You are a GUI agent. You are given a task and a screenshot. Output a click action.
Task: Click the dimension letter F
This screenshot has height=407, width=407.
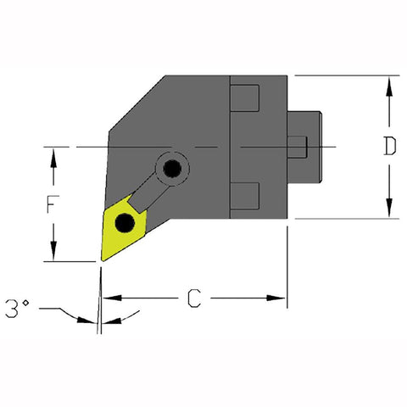53,205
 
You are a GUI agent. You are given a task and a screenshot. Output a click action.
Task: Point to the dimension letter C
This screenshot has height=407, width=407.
195,298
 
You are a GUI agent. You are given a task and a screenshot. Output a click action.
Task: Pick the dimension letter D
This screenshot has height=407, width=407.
388,148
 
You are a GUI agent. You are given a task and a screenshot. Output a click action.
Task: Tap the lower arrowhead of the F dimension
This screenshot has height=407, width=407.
53,254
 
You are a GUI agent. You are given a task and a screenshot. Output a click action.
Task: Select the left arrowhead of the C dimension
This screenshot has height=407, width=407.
110,298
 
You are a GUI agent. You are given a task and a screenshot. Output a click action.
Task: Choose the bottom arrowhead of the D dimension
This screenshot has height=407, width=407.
388,212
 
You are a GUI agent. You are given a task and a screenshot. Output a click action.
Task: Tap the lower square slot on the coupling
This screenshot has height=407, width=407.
245,195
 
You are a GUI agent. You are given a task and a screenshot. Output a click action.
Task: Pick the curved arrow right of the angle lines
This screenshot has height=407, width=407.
127,317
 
